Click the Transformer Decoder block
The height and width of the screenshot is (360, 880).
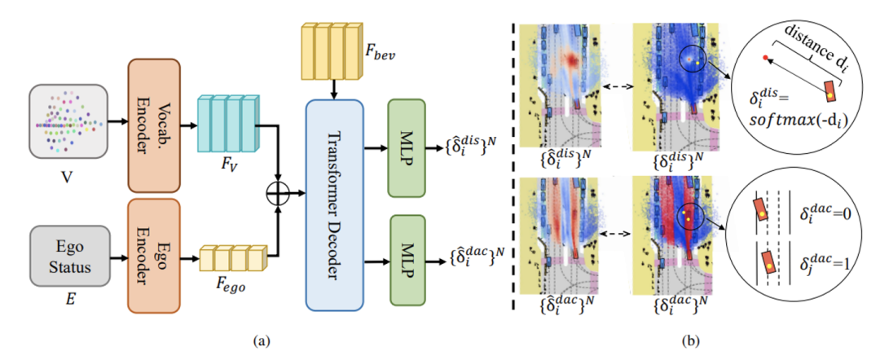335,205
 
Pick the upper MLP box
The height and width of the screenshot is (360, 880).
407,149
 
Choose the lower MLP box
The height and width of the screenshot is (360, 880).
407,259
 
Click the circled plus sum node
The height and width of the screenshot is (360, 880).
279,194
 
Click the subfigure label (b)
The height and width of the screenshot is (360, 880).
688,340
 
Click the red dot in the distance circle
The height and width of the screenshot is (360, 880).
764,57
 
